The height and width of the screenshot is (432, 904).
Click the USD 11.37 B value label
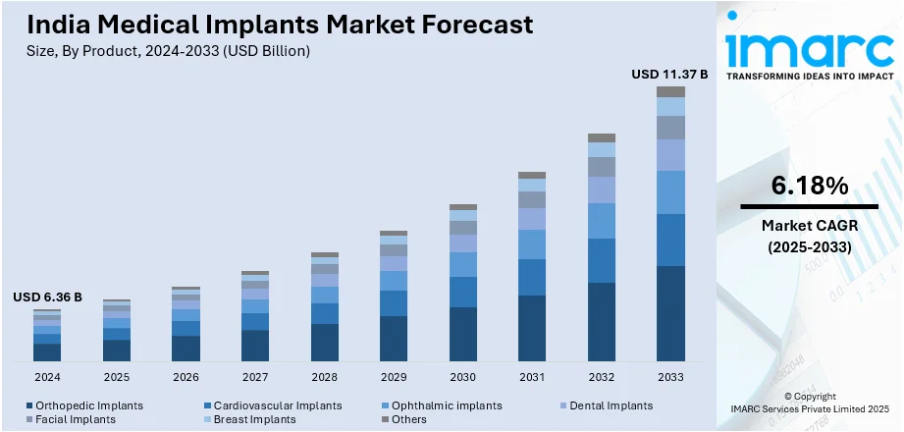tap(670, 74)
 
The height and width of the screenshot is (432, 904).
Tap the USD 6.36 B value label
tap(47, 297)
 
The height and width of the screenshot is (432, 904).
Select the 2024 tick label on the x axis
tap(47, 376)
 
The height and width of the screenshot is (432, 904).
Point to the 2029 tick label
tap(394, 376)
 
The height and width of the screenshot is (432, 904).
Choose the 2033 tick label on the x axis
tap(670, 376)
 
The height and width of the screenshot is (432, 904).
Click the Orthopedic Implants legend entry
tap(88, 405)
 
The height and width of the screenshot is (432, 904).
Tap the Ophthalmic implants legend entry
tap(447, 405)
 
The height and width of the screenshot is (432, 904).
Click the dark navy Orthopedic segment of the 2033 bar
tap(670, 313)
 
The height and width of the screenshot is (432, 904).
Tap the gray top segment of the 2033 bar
tap(670, 91)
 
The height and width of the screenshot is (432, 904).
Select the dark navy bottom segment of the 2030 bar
tap(463, 334)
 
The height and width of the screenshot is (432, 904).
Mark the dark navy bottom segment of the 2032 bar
tap(602, 322)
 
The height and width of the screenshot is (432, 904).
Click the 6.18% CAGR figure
tap(810, 186)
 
